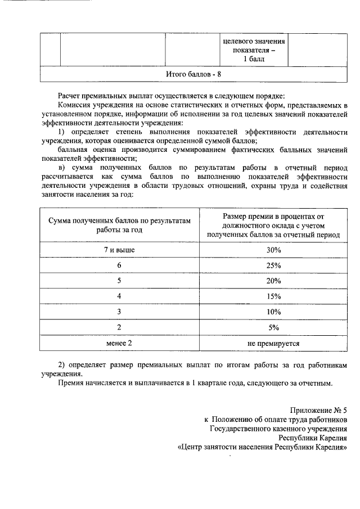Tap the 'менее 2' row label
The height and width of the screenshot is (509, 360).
pyautogui.click(x=119, y=343)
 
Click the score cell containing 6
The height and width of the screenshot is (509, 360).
pyautogui.click(x=119, y=265)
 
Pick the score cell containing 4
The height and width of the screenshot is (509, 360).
pyautogui.click(x=119, y=296)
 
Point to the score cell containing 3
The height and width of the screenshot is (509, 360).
pyautogui.click(x=119, y=312)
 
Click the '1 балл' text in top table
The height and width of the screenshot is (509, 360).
pyautogui.click(x=254, y=59)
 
